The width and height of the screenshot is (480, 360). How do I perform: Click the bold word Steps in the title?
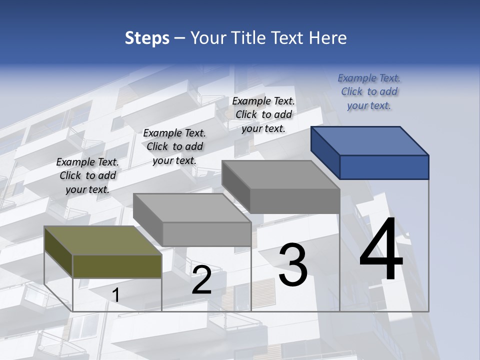(x=147, y=38)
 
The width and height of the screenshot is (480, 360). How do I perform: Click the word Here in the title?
(x=328, y=38)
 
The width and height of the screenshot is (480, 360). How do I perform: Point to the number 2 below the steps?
(x=201, y=280)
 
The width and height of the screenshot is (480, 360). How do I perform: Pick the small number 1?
(x=115, y=295)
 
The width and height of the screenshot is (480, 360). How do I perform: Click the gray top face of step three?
(x=280, y=174)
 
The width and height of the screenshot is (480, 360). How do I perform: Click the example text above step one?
(x=87, y=175)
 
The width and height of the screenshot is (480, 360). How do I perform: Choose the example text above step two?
(x=174, y=146)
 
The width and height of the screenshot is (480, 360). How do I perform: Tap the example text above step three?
(x=263, y=114)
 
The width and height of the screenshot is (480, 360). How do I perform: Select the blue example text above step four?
(x=369, y=91)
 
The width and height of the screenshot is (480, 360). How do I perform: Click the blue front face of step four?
(x=384, y=167)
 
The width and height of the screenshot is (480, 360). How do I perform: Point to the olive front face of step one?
(x=117, y=266)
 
